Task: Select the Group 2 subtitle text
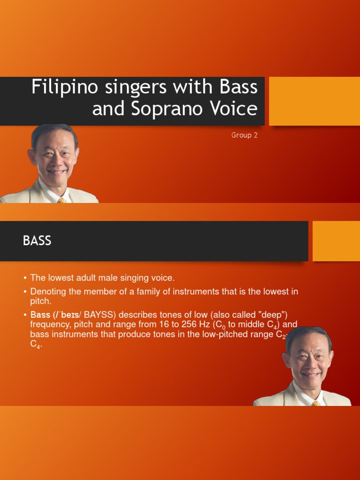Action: click(x=244, y=135)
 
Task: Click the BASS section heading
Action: click(x=37, y=241)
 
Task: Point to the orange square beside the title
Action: click(x=314, y=101)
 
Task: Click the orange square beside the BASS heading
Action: click(x=336, y=241)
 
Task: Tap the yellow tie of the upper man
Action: click(x=61, y=200)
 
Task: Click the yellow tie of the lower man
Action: click(x=316, y=403)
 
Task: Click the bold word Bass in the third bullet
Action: click(x=40, y=314)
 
